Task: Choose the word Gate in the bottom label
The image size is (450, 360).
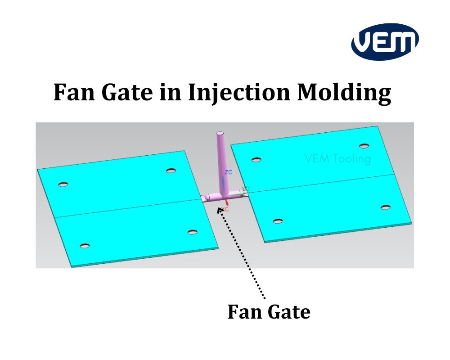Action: tap(288, 311)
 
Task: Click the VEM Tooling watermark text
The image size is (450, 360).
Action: tap(337, 159)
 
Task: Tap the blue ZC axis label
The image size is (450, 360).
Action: tap(228, 172)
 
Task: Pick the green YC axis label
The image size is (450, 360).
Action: tap(245, 189)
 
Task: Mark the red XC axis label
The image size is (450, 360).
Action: tap(225, 209)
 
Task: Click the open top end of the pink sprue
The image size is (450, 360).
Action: tap(220, 134)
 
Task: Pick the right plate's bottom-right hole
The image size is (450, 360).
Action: tap(385, 207)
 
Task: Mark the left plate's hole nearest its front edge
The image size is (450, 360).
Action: tap(84, 246)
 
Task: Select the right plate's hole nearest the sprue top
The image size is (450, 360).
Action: tap(256, 160)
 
